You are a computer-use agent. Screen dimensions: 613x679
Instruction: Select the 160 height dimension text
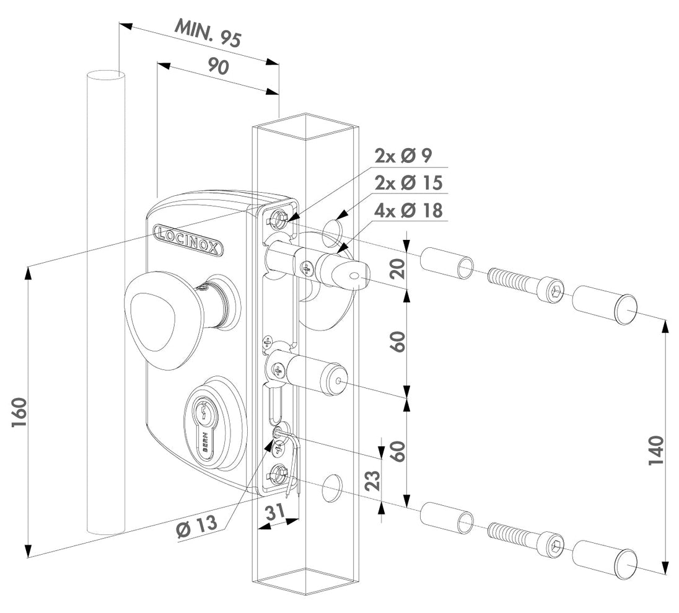click(x=19, y=412)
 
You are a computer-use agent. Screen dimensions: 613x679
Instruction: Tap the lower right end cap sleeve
click(x=605, y=558)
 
